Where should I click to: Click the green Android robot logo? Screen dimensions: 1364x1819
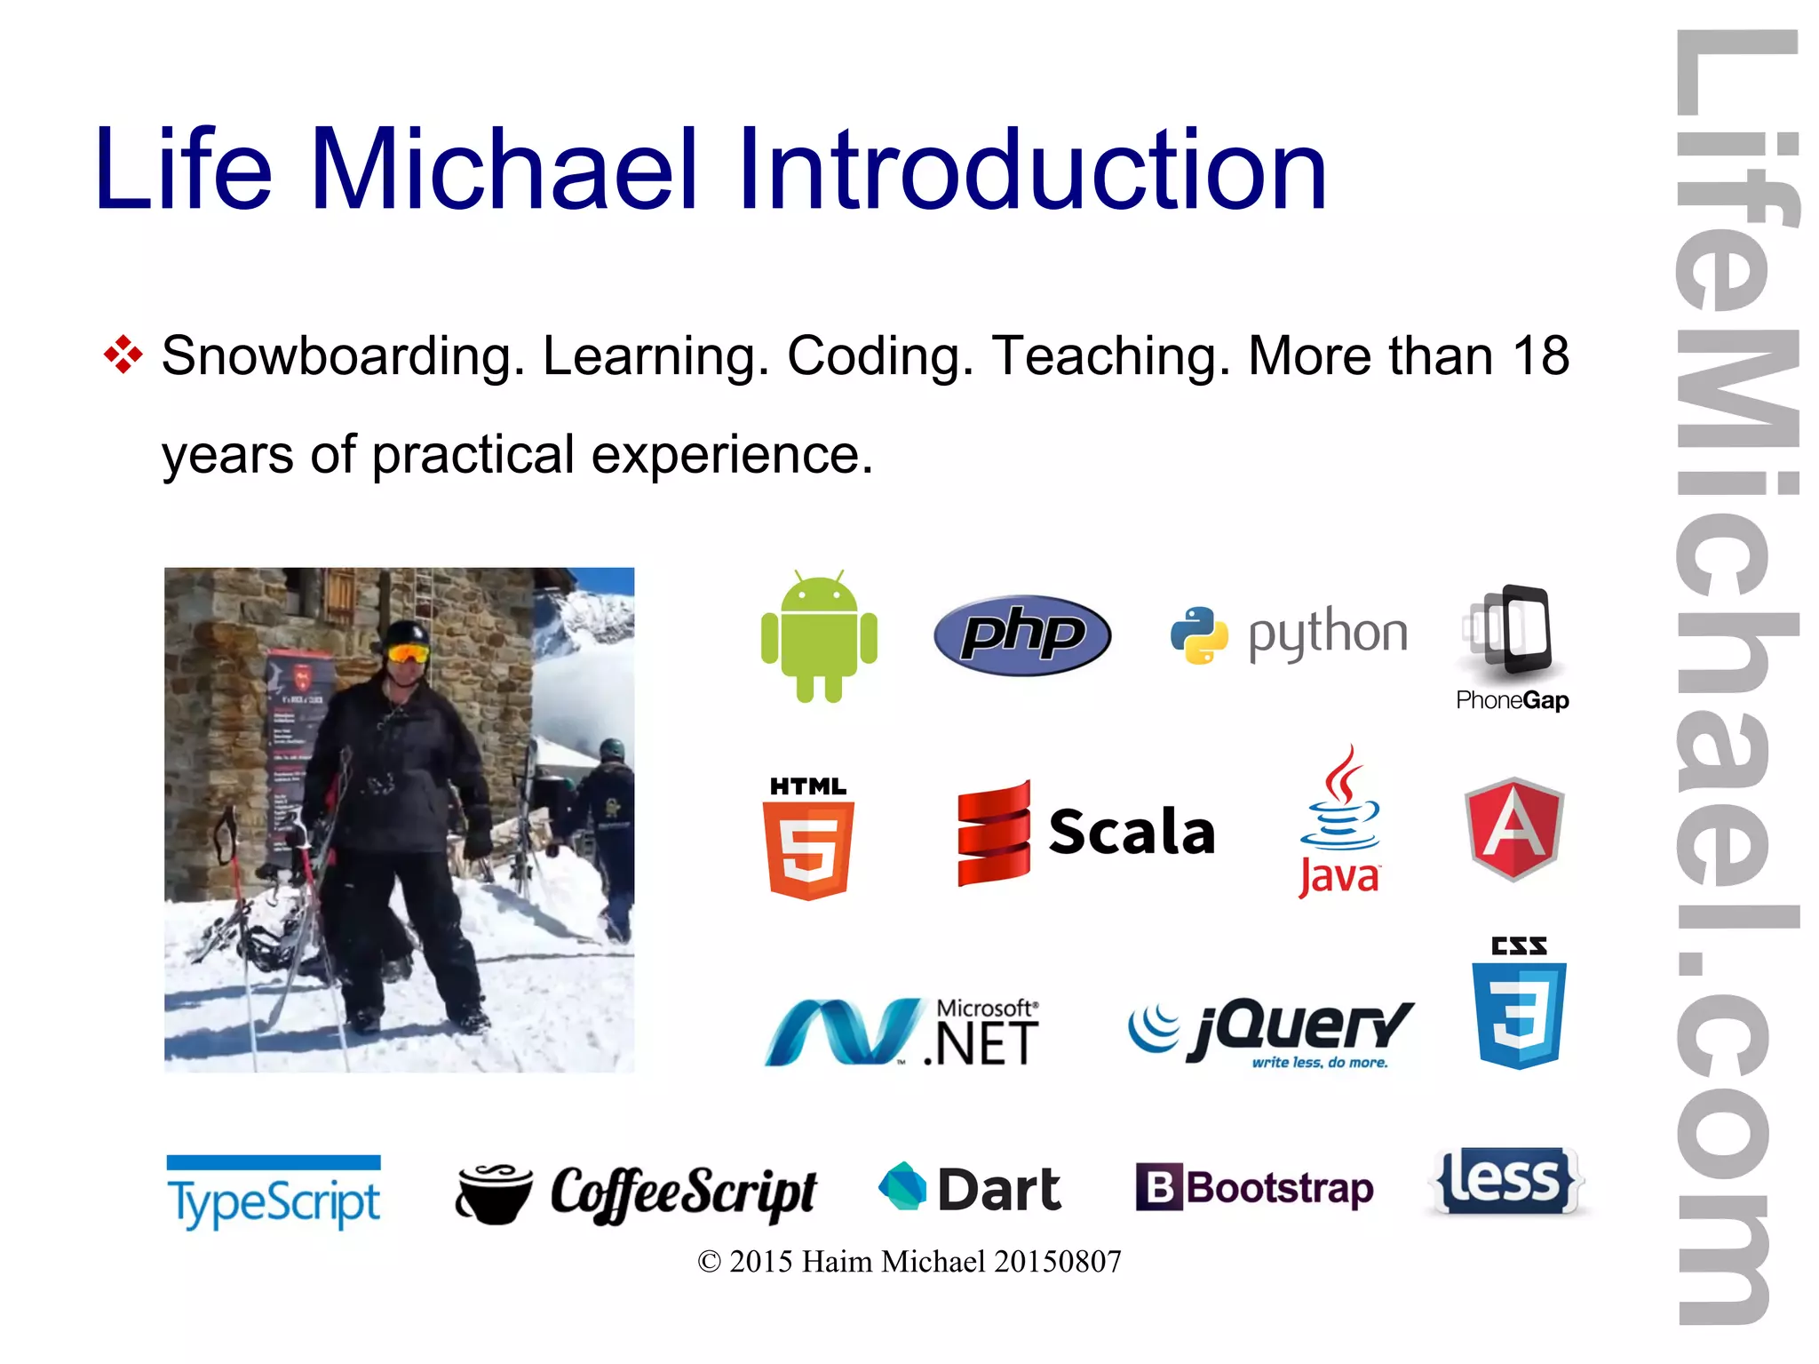tap(819, 637)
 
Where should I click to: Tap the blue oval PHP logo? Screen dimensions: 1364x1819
tap(1022, 634)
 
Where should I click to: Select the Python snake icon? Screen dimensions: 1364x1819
tap(1198, 635)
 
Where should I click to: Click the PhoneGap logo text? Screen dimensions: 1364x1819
tap(1512, 700)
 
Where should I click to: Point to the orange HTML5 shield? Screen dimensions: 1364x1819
tap(808, 848)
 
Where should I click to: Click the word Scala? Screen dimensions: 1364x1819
tap(1132, 833)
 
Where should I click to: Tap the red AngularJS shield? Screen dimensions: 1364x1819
tap(1513, 828)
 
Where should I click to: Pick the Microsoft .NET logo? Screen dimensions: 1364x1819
tap(902, 1032)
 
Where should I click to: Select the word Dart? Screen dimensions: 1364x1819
tap(999, 1190)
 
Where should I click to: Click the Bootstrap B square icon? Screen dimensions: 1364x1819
tap(1159, 1187)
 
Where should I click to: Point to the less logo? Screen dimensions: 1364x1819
tap(1506, 1181)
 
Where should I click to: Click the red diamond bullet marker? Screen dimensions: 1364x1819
tap(123, 355)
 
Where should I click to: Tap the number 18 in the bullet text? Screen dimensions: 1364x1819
tap(1541, 355)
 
